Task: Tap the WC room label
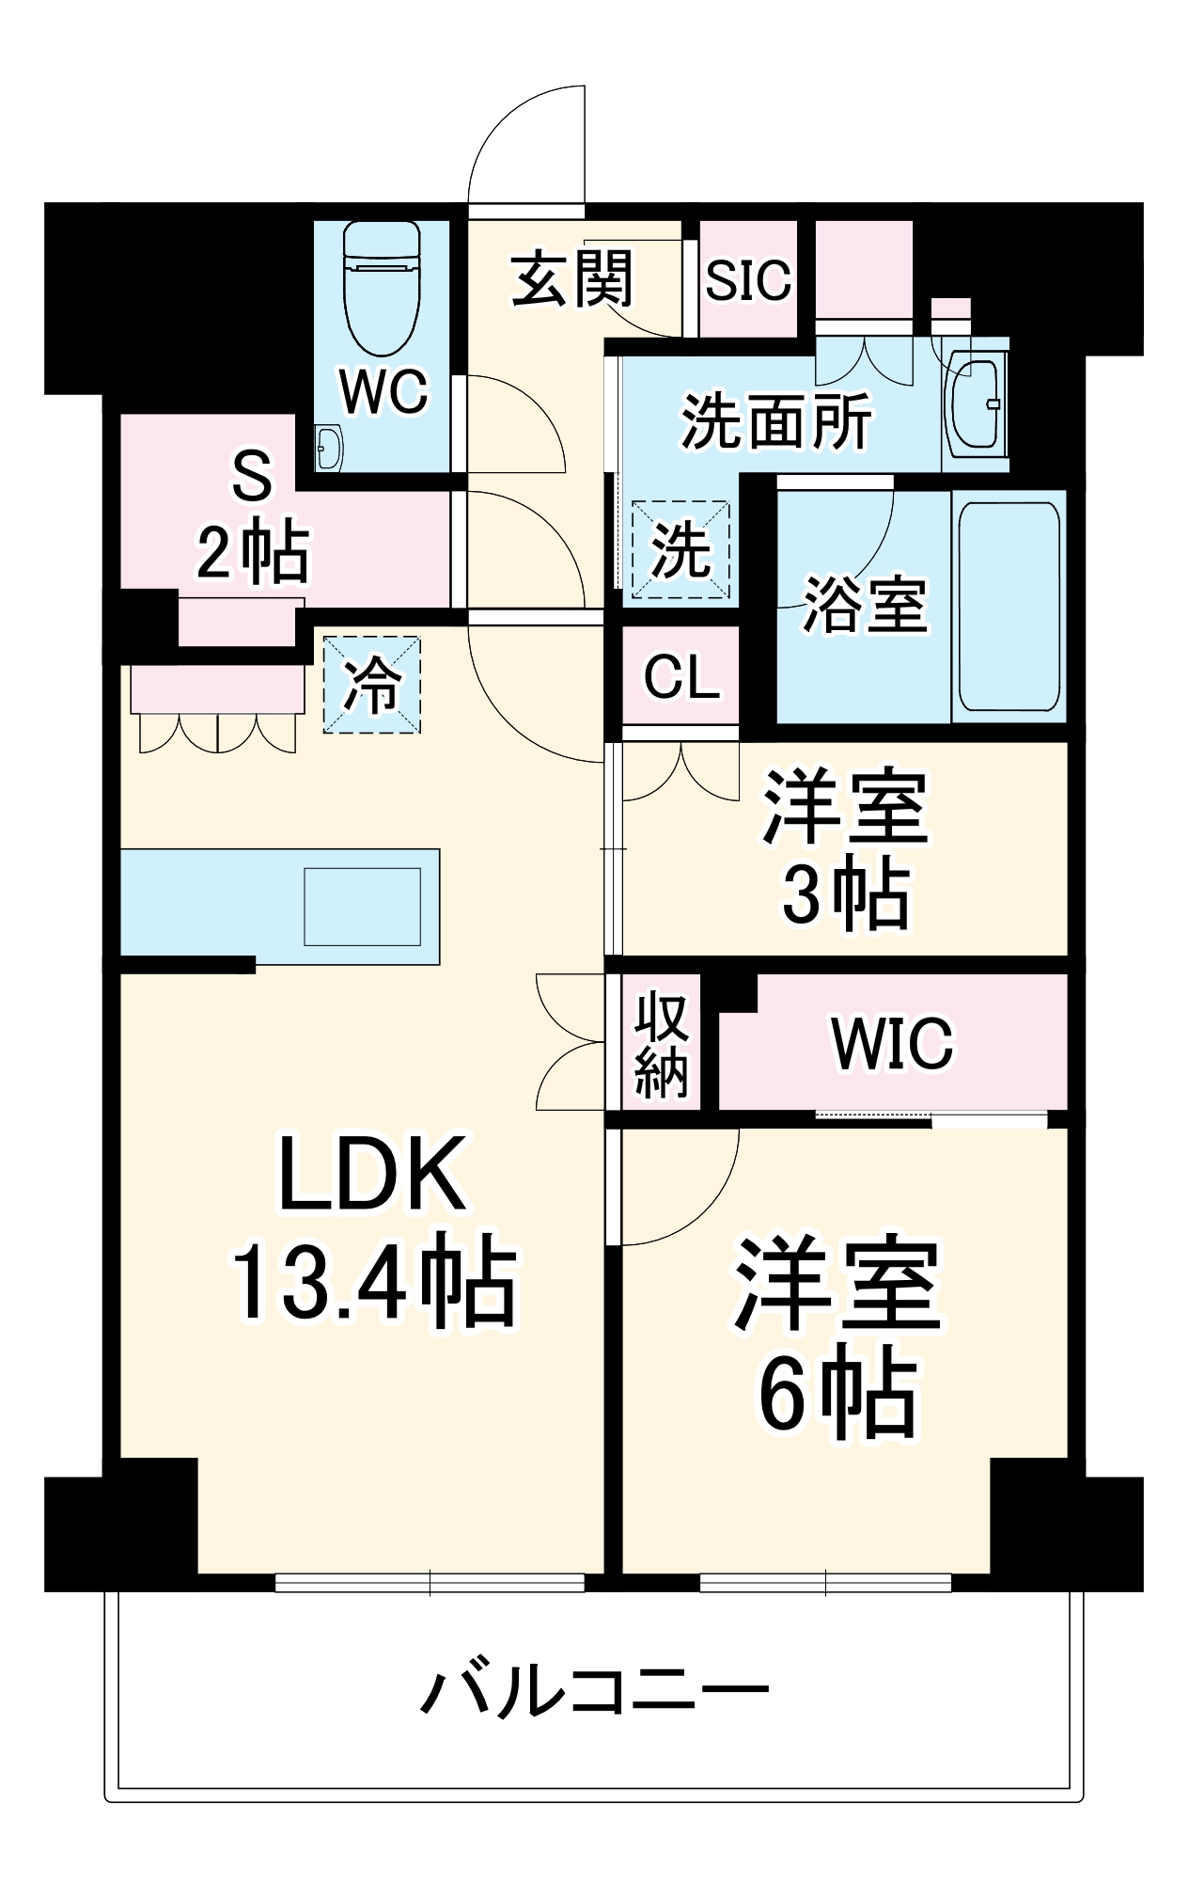pyautogui.click(x=383, y=391)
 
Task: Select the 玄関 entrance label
pyautogui.click(x=572, y=279)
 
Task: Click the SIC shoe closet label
pyautogui.click(x=748, y=280)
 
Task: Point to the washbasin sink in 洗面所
pyautogui.click(x=974, y=404)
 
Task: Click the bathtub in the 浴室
pyautogui.click(x=1008, y=606)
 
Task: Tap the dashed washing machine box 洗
pyautogui.click(x=681, y=550)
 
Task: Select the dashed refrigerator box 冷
pyautogui.click(x=372, y=684)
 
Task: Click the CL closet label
pyautogui.click(x=681, y=676)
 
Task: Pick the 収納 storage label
pyautogui.click(x=662, y=1045)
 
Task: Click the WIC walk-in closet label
pyautogui.click(x=892, y=1043)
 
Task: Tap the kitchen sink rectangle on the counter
pyautogui.click(x=362, y=907)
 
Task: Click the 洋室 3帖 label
pyautogui.click(x=845, y=849)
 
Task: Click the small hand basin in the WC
pyautogui.click(x=328, y=449)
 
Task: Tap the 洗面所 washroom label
pyautogui.click(x=776, y=422)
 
